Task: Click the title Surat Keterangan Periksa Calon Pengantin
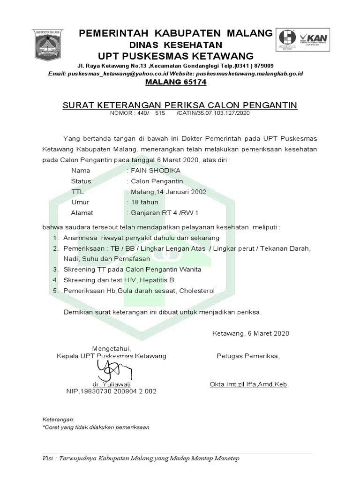(180, 105)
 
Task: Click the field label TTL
(77, 192)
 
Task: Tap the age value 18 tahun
(144, 202)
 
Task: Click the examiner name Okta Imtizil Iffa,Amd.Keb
(248, 384)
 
